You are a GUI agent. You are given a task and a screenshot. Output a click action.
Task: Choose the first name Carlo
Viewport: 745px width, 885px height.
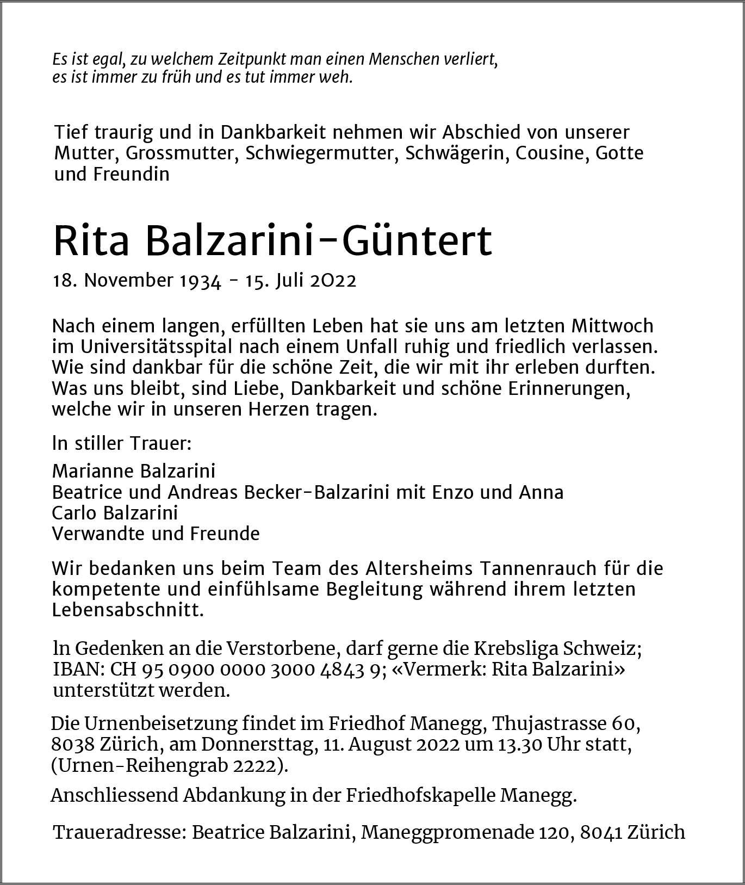coord(73,512)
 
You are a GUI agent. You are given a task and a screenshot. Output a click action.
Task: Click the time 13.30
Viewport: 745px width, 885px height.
coord(524,745)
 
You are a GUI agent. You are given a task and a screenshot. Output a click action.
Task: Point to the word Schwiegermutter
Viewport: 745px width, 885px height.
coord(323,153)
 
